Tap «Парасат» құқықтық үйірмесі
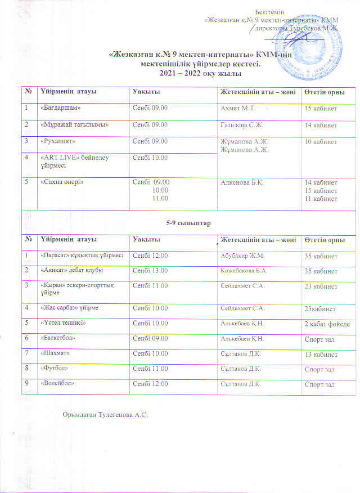point(82,256)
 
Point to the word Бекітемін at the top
point(269,12)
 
